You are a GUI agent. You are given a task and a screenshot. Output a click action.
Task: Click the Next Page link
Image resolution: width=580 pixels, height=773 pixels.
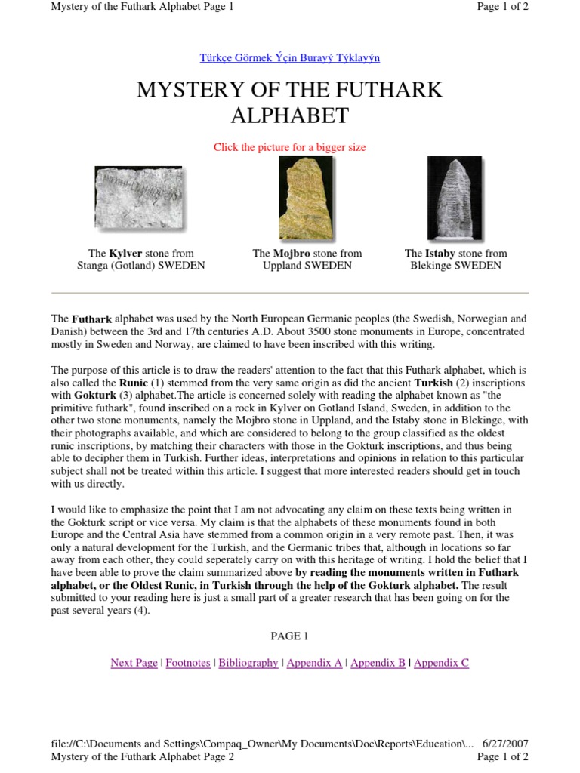click(x=134, y=663)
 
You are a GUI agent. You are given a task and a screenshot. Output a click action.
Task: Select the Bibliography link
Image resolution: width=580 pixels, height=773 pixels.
click(x=248, y=663)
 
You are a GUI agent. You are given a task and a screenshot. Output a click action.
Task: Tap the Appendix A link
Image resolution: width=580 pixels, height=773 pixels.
click(x=314, y=663)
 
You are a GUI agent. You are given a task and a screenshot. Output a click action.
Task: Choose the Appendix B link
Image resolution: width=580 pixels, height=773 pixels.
click(x=378, y=663)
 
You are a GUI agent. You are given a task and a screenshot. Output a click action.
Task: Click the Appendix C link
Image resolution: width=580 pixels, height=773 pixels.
click(x=441, y=663)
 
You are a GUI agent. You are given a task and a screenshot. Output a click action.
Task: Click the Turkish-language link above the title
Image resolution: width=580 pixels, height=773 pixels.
click(x=289, y=57)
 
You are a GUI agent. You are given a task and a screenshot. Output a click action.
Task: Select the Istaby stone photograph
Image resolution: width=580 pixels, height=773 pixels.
click(x=455, y=199)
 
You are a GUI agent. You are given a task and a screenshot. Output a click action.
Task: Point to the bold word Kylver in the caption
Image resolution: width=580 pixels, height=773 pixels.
click(x=125, y=254)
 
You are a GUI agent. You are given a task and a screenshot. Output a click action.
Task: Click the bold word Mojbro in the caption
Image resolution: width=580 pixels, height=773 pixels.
click(x=292, y=254)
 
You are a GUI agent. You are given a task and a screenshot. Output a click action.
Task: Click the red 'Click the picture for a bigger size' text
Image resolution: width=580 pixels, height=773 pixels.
click(x=289, y=147)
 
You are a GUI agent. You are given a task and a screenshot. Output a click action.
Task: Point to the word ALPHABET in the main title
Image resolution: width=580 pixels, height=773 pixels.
click(x=289, y=115)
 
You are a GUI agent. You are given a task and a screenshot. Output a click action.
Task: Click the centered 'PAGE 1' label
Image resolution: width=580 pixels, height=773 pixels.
click(x=290, y=636)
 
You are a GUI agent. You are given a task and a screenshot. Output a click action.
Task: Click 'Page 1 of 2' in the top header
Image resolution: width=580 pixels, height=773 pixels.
click(x=503, y=7)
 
